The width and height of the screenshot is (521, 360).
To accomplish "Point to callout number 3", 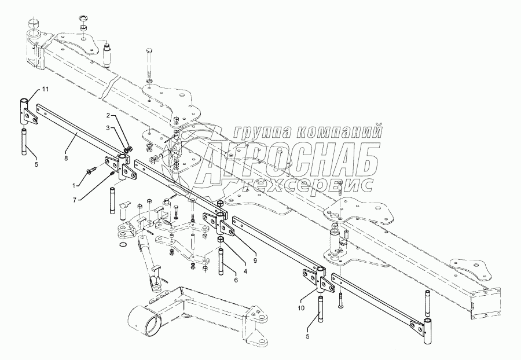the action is [108, 127].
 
